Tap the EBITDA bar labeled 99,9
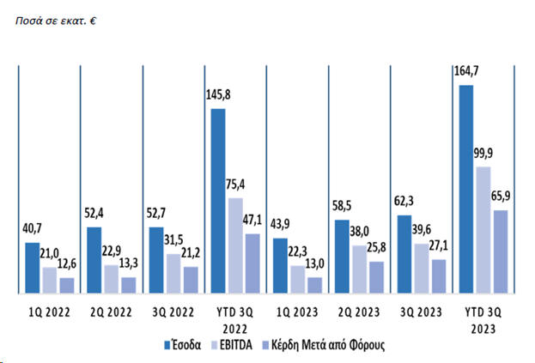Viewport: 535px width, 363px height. [x=483, y=230]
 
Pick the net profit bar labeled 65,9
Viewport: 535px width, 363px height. [x=499, y=251]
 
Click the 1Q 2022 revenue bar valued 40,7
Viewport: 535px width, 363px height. [x=32, y=268]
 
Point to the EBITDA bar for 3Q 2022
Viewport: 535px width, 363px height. [x=172, y=274]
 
